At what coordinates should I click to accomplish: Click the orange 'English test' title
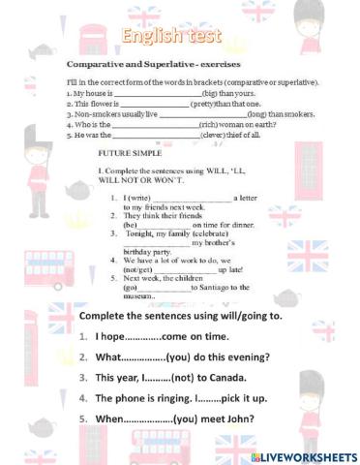click(x=179, y=38)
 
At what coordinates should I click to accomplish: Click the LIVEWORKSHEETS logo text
click(x=310, y=455)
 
